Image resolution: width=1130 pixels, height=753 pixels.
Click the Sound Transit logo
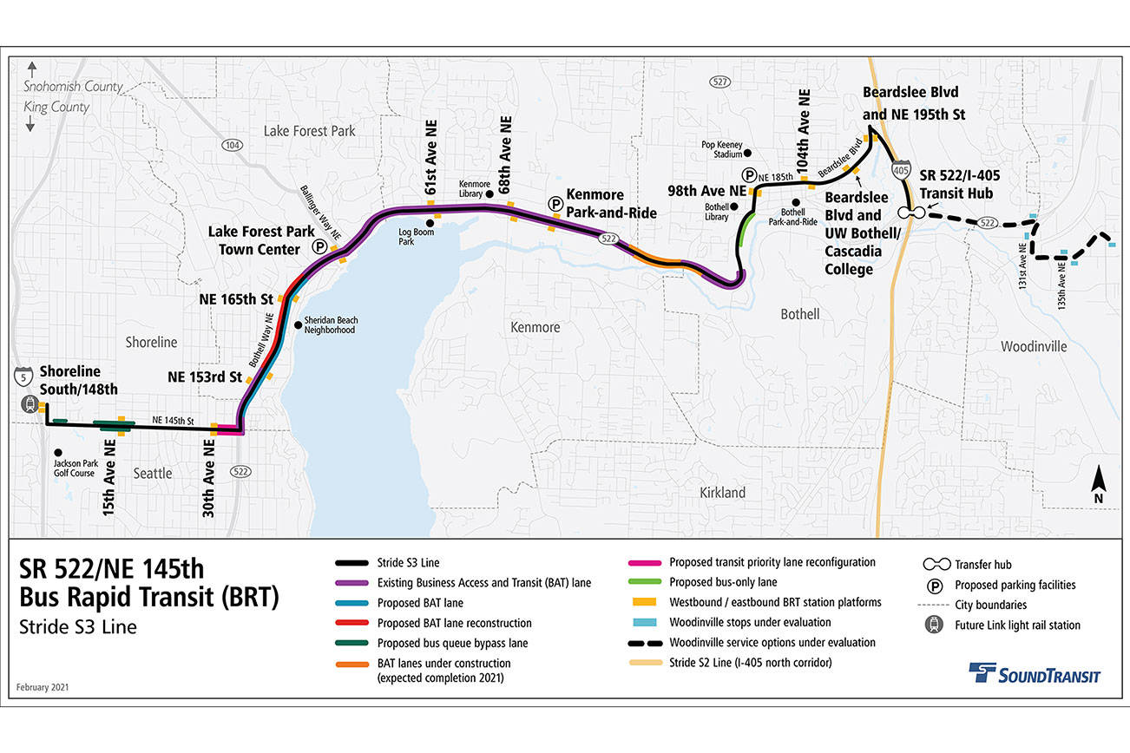point(1034,674)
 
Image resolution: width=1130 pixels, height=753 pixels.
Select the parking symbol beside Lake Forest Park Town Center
point(319,247)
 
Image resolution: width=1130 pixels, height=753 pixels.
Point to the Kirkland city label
point(722,492)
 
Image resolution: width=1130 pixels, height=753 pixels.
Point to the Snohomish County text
point(74,87)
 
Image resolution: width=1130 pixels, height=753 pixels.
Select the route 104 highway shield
point(231,145)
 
